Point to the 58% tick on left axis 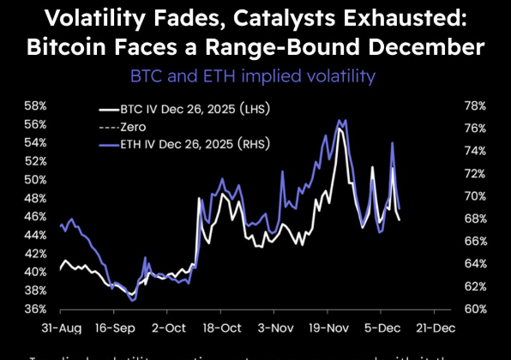coord(34,106)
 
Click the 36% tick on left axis coord(34,309)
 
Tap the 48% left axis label coord(34,199)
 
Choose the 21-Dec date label coord(436,328)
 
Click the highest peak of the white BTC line coord(340,129)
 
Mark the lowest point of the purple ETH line coord(131,300)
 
